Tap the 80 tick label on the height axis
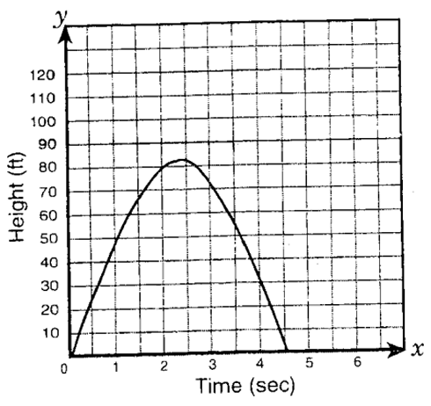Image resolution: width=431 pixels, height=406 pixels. pyautogui.click(x=48, y=169)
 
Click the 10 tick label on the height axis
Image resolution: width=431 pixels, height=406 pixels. pyautogui.click(x=48, y=333)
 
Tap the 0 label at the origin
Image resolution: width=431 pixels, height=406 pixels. pyautogui.click(x=64, y=369)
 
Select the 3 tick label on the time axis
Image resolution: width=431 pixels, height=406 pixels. pyautogui.click(x=212, y=366)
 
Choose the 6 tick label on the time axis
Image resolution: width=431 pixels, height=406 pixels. pyautogui.click(x=356, y=363)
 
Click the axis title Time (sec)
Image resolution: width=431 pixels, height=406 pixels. pyautogui.click(x=245, y=385)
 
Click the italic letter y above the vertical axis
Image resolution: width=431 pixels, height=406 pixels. pyautogui.click(x=62, y=18)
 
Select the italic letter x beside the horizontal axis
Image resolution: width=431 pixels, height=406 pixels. pyautogui.click(x=418, y=348)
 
